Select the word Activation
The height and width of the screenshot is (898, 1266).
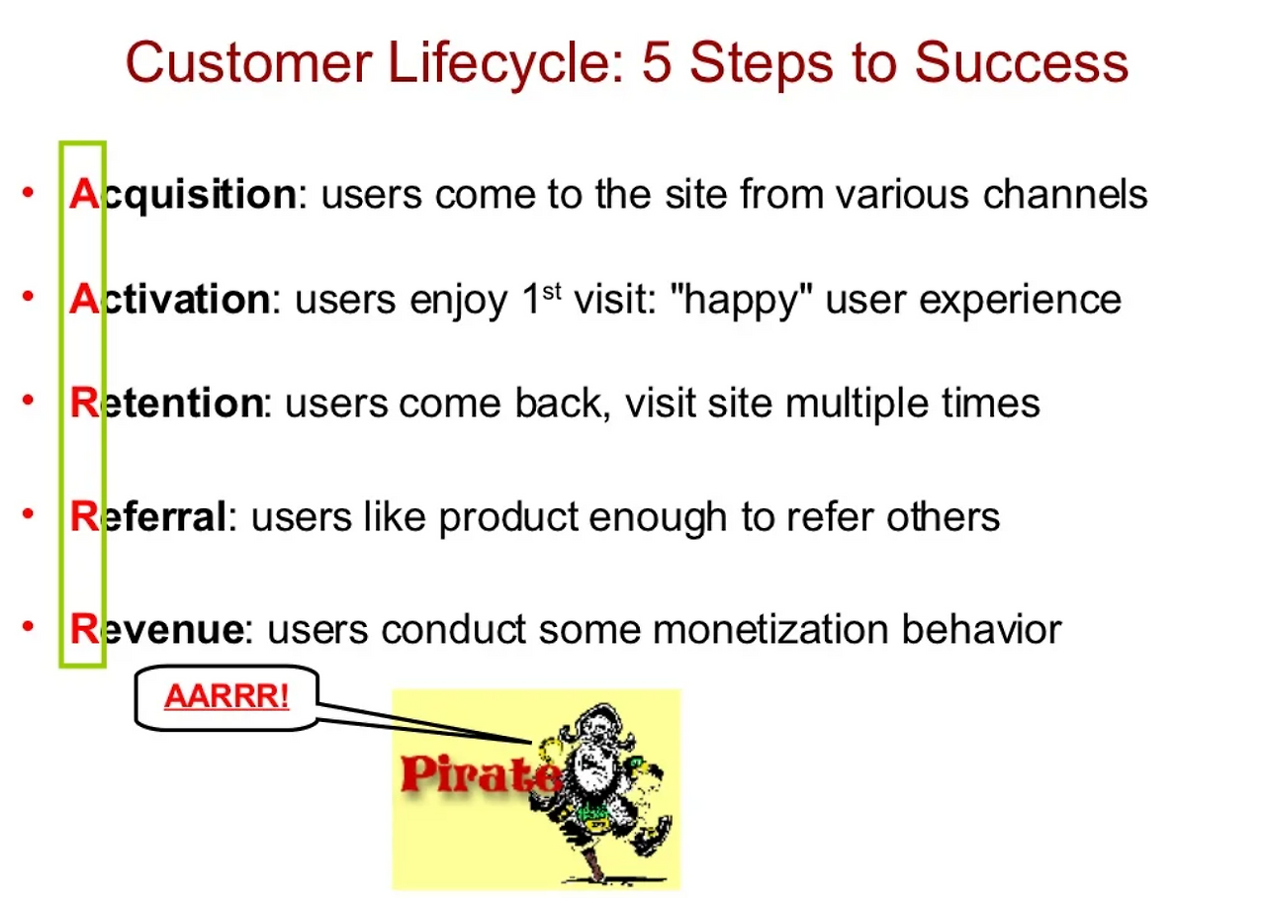[169, 299]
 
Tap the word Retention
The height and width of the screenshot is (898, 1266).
[166, 403]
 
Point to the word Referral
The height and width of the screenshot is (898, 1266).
[147, 516]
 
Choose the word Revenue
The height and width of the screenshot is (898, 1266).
[157, 629]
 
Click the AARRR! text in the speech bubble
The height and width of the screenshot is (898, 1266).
[226, 695]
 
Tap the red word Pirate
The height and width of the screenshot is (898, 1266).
[482, 774]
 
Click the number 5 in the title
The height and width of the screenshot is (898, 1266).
[657, 62]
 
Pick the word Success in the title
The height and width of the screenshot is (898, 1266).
[1022, 62]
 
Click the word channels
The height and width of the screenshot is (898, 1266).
[1065, 195]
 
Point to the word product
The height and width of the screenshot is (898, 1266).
[508, 519]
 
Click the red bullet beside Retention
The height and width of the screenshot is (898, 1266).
[28, 400]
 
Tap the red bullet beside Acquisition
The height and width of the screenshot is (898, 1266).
[28, 192]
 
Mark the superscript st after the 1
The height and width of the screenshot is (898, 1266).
[552, 292]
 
